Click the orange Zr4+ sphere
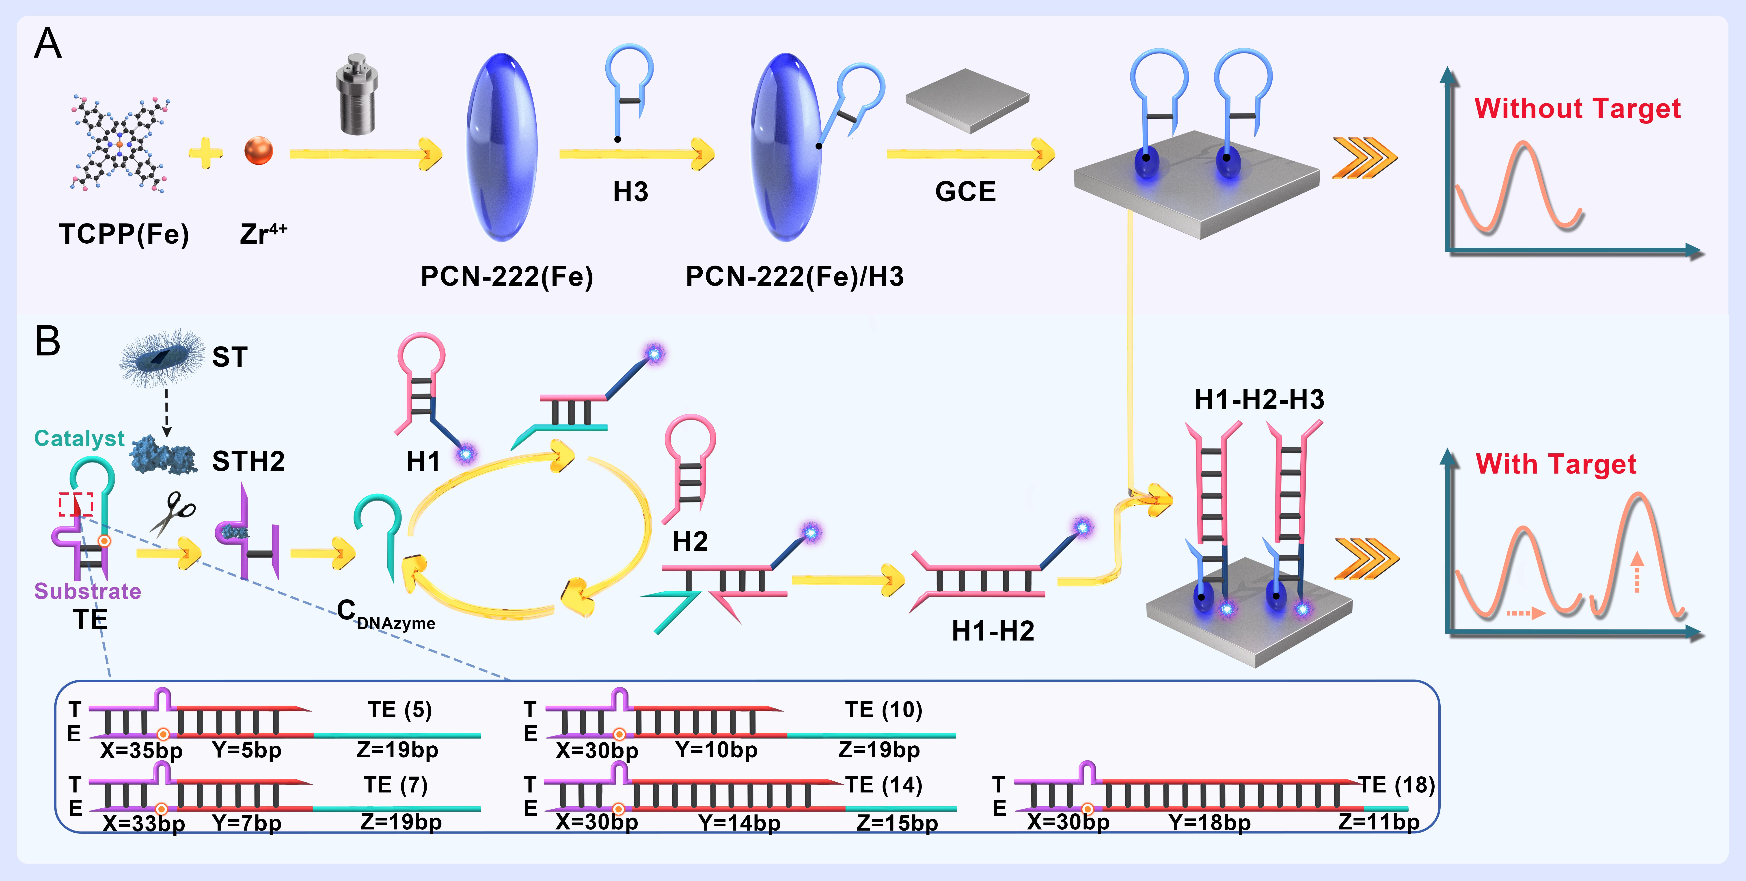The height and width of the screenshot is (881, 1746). tap(258, 151)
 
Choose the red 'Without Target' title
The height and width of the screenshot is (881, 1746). tap(1577, 108)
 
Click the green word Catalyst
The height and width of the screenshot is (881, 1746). tap(79, 439)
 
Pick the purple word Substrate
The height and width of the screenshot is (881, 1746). tap(87, 591)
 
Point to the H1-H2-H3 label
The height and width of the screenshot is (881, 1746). tap(1259, 400)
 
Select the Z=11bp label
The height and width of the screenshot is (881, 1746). tap(1379, 822)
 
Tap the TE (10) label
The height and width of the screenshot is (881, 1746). tap(883, 710)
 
